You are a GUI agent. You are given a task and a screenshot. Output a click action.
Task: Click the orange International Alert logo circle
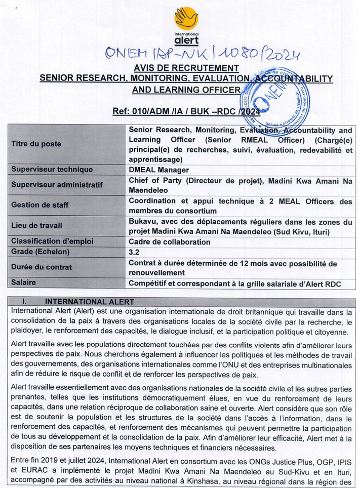(186, 18)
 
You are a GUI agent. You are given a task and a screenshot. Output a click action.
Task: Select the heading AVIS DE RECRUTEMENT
(186, 68)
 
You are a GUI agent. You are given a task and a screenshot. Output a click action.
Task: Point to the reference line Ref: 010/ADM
(187, 112)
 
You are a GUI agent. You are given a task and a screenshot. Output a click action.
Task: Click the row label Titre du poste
(36, 144)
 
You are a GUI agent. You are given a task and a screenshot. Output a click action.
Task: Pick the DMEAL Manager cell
(158, 170)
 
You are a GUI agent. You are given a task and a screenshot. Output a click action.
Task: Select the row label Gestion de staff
(39, 205)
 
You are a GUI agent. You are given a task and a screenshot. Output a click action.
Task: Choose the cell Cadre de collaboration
(170, 241)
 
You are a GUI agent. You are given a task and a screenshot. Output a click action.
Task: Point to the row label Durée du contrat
(42, 267)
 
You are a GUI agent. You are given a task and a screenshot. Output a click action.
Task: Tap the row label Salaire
(23, 282)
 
